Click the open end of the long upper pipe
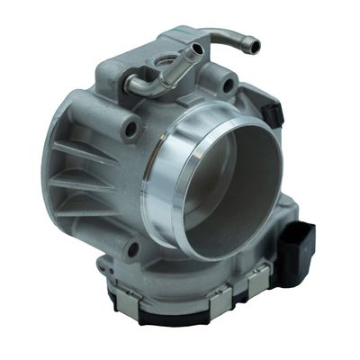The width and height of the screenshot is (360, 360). [x=256, y=46]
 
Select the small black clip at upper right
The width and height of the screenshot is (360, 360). [x=274, y=113]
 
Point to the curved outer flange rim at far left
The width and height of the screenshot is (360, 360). [x=51, y=162]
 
